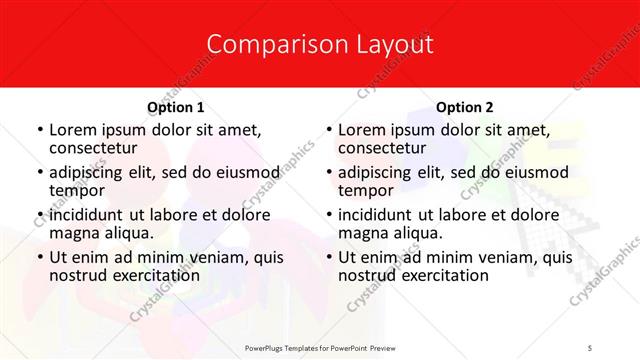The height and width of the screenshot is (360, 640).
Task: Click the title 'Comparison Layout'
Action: pos(320,45)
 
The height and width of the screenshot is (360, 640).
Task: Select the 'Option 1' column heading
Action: pos(176,107)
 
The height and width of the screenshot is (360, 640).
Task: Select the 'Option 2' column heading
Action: pos(465,107)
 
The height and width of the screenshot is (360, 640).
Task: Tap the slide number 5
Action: pos(591,347)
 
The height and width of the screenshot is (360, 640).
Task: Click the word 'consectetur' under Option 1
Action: pos(96,149)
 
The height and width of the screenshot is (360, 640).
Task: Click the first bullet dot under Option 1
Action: pos(39,131)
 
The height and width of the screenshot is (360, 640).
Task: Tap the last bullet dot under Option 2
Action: pos(328,258)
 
